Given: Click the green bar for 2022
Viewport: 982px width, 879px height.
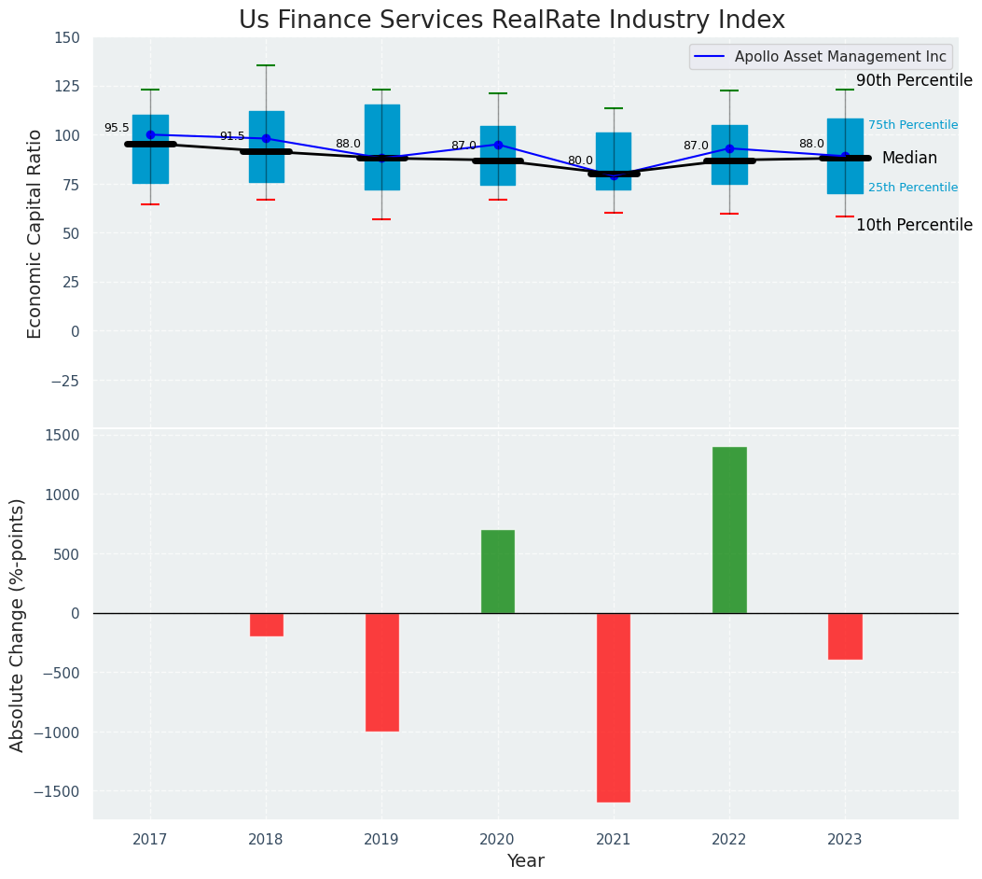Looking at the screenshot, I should coord(729,530).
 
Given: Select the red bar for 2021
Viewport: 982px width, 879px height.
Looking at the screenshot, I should coord(614,707).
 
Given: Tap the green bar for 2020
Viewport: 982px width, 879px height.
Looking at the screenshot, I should coord(498,571).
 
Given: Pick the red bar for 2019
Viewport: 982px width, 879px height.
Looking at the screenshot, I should coord(382,672).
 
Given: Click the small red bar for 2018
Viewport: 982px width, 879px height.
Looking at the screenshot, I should coord(267,624).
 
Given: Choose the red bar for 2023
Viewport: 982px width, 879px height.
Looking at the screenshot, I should coord(845,636).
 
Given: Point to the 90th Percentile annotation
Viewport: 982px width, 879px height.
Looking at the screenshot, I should coord(914,80).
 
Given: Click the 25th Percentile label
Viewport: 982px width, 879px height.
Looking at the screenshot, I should coord(912,188).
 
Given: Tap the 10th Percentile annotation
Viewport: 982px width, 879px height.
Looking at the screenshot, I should coord(914,225).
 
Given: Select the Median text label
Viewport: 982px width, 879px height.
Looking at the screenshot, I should coord(909,159).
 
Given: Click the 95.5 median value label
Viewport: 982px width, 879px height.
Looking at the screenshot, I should coord(117,129).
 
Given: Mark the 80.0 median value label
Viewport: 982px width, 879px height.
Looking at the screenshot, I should coord(580,160).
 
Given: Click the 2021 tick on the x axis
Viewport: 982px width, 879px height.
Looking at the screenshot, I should coord(614,840).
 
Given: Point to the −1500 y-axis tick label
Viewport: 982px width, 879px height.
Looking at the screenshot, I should coord(56,791).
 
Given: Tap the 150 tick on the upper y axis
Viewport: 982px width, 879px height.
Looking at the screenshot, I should coord(67,38).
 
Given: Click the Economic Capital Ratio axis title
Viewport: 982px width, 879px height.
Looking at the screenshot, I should coord(35,233).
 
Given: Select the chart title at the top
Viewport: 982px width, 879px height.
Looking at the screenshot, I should coord(511,20).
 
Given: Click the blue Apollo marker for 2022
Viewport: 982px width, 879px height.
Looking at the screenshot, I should coord(729,148).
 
